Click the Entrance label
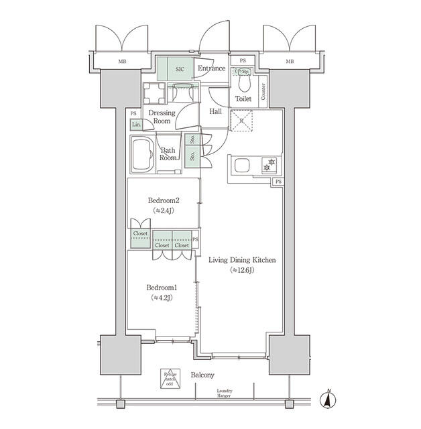[x=211, y=68]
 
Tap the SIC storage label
[x=180, y=68]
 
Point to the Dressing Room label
[x=162, y=117]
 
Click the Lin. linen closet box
[x=136, y=125]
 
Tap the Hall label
[x=216, y=111]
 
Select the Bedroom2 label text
[x=164, y=200]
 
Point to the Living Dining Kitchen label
[x=242, y=260]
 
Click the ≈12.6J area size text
[x=242, y=270]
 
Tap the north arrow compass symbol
[x=329, y=400]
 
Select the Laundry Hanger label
[x=225, y=393]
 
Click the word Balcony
[x=202, y=375]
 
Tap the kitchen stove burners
[x=271, y=164]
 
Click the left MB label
[x=122, y=62]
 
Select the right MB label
[x=290, y=62]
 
